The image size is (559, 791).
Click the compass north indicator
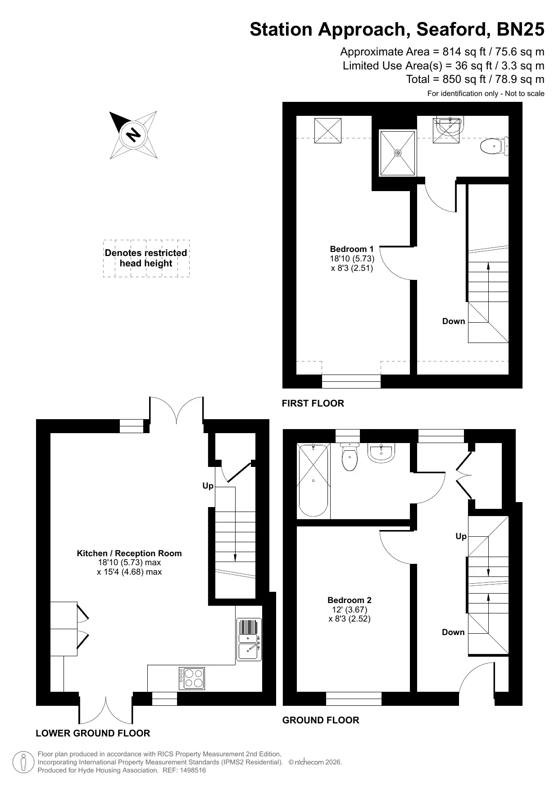point(133,134)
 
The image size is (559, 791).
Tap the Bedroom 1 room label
point(352,258)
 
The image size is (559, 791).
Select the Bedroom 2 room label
point(350,609)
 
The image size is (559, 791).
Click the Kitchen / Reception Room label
point(129,562)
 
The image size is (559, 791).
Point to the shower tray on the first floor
point(397,153)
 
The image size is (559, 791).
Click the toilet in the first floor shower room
point(494,146)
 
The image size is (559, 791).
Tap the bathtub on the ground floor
point(314,480)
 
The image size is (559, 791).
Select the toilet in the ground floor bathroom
point(350,457)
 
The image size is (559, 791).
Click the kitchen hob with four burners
point(192,678)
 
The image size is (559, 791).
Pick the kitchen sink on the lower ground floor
point(249,639)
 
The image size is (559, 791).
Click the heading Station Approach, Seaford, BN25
point(397,29)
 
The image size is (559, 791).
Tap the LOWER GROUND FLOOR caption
point(93,733)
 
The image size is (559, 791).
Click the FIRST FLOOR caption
point(313,403)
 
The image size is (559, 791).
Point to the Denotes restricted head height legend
point(146,258)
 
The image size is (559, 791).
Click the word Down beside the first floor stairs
point(454,321)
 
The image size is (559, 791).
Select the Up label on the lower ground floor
point(208,486)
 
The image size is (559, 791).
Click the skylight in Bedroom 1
point(328,130)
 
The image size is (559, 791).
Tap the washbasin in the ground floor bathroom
point(382,453)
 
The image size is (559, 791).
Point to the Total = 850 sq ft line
point(475,79)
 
